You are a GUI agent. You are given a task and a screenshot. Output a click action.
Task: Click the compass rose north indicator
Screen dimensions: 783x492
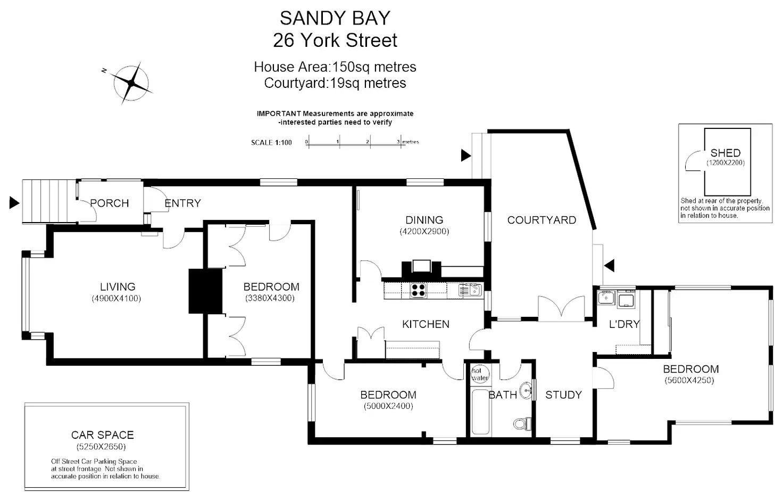(x=131, y=83)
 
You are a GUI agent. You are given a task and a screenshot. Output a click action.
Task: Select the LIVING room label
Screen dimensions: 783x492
(x=118, y=287)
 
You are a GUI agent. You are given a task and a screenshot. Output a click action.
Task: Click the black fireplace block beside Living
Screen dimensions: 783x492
(x=205, y=291)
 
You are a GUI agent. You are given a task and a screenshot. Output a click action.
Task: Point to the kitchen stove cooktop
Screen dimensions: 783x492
(x=418, y=290)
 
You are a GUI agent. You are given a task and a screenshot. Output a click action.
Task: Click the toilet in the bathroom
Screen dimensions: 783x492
(x=522, y=424)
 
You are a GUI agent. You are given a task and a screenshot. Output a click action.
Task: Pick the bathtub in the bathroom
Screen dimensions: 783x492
(x=480, y=412)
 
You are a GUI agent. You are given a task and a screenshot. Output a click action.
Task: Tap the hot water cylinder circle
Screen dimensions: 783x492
(x=480, y=374)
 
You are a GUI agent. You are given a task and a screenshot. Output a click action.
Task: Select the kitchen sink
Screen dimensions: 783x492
(x=471, y=290)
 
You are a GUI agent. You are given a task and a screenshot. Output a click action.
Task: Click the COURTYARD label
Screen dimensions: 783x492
(x=542, y=220)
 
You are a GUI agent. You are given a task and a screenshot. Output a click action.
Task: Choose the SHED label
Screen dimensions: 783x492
(x=726, y=153)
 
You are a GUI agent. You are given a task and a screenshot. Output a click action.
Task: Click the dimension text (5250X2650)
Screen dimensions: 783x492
(x=101, y=447)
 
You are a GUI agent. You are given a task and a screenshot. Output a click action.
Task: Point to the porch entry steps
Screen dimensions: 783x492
(x=49, y=201)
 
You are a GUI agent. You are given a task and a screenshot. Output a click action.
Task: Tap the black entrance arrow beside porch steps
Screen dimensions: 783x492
(x=14, y=203)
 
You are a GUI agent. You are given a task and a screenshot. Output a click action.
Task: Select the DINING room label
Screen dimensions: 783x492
(x=424, y=220)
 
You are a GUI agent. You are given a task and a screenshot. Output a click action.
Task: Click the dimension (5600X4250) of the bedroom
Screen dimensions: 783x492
(x=689, y=380)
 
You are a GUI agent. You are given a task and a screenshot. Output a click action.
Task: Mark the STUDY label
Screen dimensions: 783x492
(x=563, y=395)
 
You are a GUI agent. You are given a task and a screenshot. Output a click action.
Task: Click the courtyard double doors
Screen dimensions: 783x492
(x=561, y=309)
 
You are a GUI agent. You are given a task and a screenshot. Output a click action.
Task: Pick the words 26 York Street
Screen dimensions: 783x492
(x=335, y=40)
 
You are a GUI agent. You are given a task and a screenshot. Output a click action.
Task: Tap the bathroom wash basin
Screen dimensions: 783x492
(x=526, y=390)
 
